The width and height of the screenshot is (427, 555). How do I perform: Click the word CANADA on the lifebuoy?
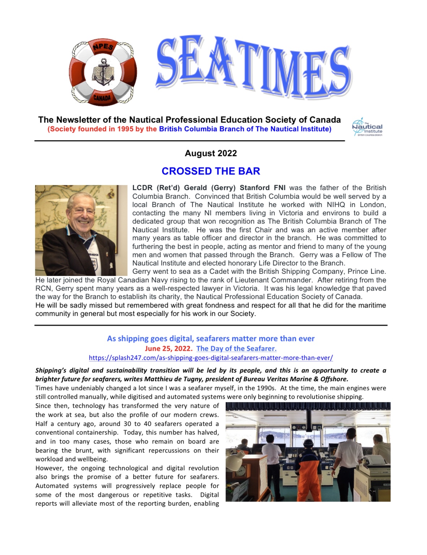(x=102, y=98)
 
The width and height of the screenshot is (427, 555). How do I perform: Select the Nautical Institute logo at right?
(x=367, y=127)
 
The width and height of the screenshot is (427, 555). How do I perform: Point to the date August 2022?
(x=211, y=153)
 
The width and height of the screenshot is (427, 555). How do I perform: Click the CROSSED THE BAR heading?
(x=211, y=171)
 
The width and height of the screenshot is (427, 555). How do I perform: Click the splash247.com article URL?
(x=211, y=358)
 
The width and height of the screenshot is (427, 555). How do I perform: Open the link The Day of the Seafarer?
(x=236, y=348)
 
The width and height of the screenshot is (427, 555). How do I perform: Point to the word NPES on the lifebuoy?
(x=103, y=47)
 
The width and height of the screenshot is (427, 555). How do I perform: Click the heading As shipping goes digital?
(x=211, y=339)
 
